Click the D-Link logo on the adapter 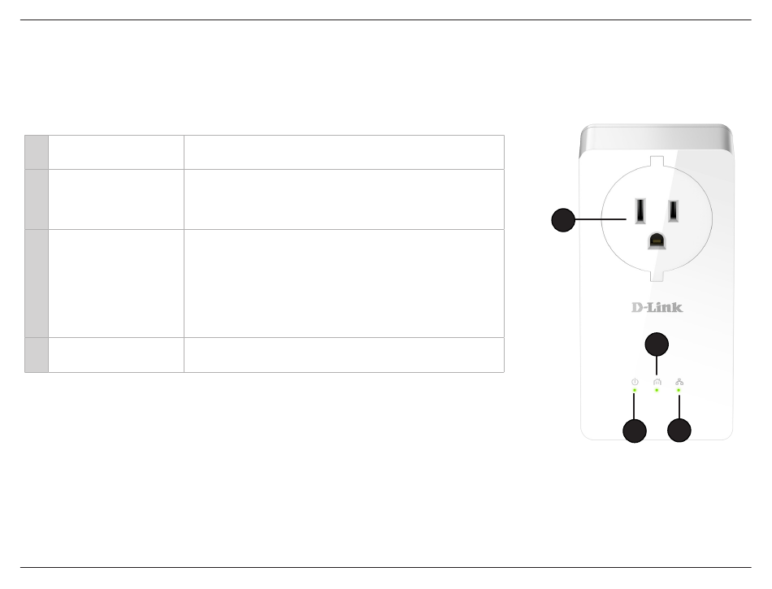coord(657,308)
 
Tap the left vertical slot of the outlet coord(640,210)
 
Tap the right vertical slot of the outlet coord(673,210)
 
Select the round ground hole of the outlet coord(657,240)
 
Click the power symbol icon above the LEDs coord(635,382)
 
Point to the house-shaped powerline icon coord(657,382)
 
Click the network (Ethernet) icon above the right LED coord(679,382)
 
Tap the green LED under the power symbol coord(635,390)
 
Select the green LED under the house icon coord(657,390)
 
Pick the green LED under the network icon coord(679,390)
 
